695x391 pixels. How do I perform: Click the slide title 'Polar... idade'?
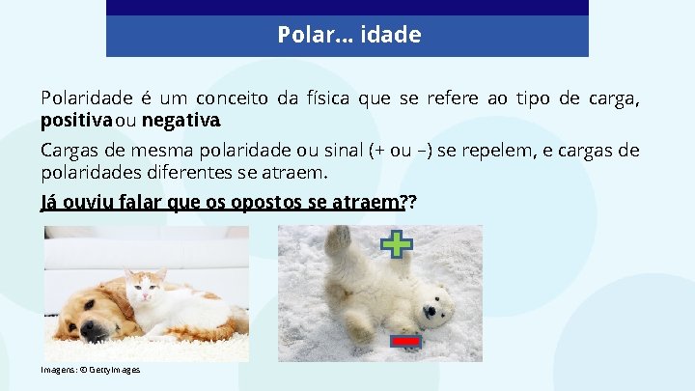(x=348, y=36)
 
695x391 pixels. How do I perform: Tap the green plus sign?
(x=396, y=245)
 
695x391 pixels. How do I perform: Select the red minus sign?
(x=406, y=341)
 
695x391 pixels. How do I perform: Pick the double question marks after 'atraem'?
(x=409, y=203)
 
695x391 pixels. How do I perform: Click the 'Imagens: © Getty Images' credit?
(x=91, y=370)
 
